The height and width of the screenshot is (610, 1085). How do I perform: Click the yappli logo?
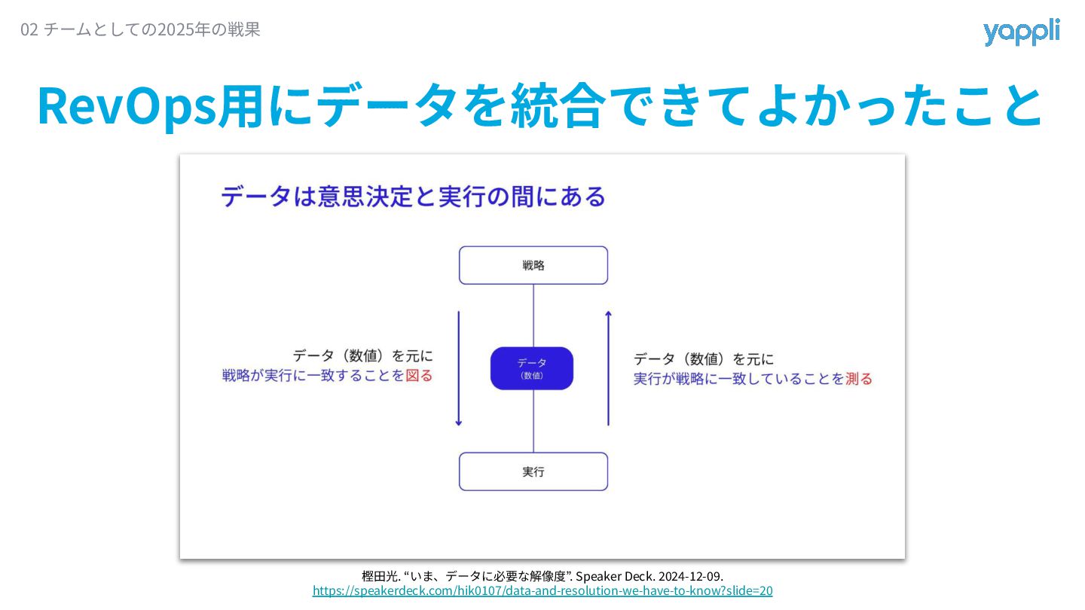(x=1021, y=32)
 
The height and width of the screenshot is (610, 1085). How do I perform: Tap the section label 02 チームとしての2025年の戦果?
(x=140, y=30)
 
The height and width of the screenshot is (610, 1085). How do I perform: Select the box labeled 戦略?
(x=533, y=265)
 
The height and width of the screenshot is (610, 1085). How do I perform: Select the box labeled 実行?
(x=533, y=471)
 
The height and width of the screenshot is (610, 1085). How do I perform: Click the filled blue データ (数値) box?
(x=532, y=368)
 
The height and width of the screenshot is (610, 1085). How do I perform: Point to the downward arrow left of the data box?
(x=458, y=369)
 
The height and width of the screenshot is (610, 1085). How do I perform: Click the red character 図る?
(x=420, y=375)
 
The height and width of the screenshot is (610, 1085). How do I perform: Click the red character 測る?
(x=859, y=379)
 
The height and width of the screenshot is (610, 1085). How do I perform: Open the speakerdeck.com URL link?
(x=542, y=591)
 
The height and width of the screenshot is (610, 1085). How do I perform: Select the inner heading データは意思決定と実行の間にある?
(x=413, y=197)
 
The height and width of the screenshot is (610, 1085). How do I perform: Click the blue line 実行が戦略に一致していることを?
(x=738, y=379)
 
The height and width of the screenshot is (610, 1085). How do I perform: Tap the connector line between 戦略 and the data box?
(x=533, y=315)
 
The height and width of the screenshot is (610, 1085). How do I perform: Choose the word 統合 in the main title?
(x=557, y=106)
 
